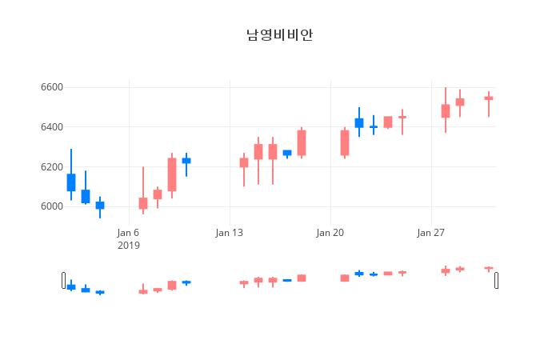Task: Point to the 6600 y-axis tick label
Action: click(51, 87)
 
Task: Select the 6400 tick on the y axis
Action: click(51, 127)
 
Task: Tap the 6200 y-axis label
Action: click(51, 167)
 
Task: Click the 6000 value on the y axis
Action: click(51, 206)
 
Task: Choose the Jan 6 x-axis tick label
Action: click(128, 233)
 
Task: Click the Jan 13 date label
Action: click(229, 233)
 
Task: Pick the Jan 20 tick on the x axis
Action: click(330, 233)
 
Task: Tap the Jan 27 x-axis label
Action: click(430, 233)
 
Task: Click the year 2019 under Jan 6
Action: click(128, 246)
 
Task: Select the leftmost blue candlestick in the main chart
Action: click(71, 182)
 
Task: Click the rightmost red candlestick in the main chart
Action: click(489, 98)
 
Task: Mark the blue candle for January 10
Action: click(186, 161)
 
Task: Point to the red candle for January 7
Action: click(143, 203)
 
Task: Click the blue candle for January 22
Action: click(359, 123)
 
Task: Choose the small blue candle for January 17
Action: click(287, 153)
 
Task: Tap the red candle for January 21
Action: click(345, 143)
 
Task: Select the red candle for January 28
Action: click(446, 111)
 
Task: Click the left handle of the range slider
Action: click(64, 280)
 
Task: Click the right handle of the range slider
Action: click(496, 280)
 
